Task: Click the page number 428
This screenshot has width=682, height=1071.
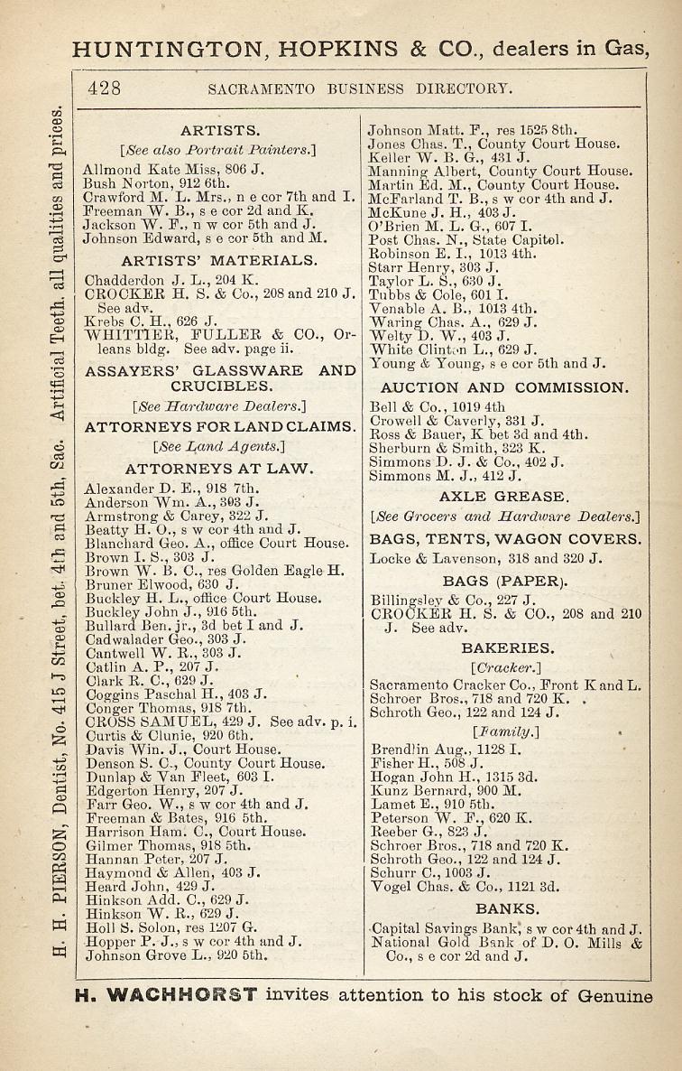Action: point(105,88)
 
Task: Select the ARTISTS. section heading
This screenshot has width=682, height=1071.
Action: point(220,130)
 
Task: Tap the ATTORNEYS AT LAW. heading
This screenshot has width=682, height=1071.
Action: point(219,468)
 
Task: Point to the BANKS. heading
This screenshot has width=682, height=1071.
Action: point(507,908)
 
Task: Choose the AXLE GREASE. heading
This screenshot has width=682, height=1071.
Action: point(504,497)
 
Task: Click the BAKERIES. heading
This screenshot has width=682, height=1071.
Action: point(507,648)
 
